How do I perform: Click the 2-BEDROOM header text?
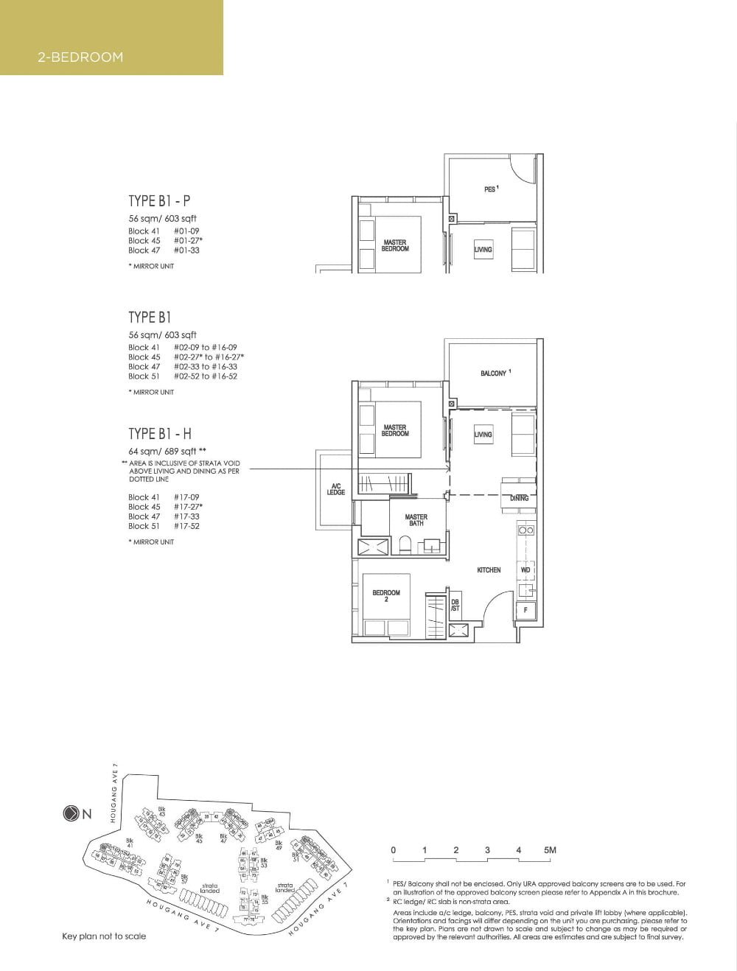(x=80, y=57)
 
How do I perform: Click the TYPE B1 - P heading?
(x=159, y=200)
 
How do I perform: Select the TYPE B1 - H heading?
(x=160, y=433)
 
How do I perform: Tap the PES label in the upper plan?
(x=491, y=189)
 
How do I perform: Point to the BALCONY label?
(x=495, y=374)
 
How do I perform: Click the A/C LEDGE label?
(x=336, y=489)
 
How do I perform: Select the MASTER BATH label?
(x=416, y=520)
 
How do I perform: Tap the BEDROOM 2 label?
(x=386, y=595)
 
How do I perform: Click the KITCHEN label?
(x=489, y=569)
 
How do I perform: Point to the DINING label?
(x=519, y=498)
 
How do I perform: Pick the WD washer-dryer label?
(x=525, y=569)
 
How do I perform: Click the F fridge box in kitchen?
(x=525, y=610)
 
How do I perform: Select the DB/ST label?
(x=455, y=604)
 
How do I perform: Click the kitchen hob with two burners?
(x=525, y=530)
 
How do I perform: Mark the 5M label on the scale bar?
(x=550, y=850)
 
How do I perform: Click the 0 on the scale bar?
(x=393, y=850)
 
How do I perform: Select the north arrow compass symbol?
(x=71, y=814)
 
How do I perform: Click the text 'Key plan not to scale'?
(x=104, y=936)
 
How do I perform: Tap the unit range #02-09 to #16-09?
(x=206, y=347)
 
